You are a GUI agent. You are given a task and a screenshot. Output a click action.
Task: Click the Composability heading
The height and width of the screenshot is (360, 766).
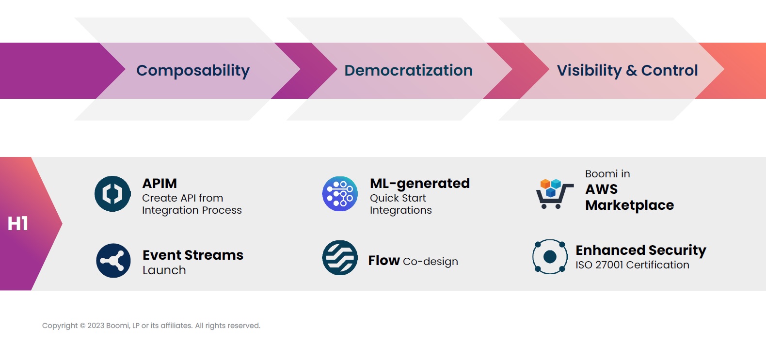point(192,71)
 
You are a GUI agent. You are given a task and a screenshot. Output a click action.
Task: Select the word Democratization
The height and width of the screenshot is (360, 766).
point(408,71)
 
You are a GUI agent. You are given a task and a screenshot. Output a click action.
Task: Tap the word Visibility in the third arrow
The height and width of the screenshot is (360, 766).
point(589,71)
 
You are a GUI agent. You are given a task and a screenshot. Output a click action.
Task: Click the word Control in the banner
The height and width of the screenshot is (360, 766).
point(669,71)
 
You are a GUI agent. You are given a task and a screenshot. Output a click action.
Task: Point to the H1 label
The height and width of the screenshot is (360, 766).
point(18,224)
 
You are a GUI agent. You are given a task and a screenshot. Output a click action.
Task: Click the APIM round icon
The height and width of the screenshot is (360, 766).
point(112,194)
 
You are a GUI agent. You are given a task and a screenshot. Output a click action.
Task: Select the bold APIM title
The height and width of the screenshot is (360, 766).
point(160,184)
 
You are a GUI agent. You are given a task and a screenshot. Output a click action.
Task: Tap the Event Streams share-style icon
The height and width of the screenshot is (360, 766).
point(113,261)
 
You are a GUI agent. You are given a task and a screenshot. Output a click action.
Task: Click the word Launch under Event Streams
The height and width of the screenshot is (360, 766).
point(164,270)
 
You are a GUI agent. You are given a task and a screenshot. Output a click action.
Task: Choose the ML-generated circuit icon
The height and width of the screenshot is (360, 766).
point(340,194)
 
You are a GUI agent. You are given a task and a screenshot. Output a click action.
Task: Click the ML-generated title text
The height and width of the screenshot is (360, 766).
point(419,184)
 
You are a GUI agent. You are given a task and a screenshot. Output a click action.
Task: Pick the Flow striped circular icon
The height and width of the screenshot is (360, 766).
point(340,258)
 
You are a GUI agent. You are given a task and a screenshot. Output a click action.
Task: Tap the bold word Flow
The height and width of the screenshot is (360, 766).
point(383,261)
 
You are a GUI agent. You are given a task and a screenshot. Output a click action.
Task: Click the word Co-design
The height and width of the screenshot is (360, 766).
point(430,262)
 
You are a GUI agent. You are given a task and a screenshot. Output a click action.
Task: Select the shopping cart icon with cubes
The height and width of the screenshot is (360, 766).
point(554,194)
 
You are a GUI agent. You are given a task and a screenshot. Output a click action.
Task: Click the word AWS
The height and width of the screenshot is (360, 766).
point(601,189)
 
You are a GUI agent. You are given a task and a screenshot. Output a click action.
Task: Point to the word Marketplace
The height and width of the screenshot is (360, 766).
point(629,205)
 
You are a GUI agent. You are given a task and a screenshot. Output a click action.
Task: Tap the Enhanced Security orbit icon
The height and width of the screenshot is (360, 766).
point(550,257)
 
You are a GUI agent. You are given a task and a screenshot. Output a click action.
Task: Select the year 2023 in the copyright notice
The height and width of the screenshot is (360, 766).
point(96,326)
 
